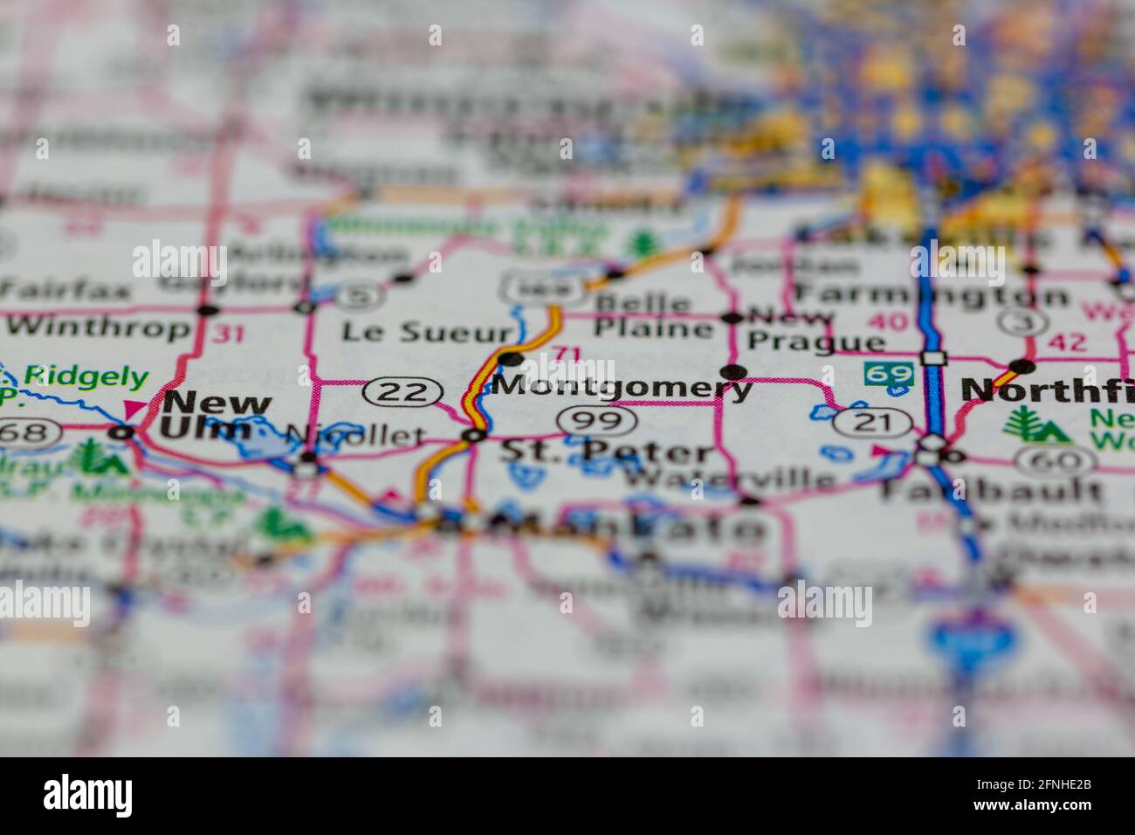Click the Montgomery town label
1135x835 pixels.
point(623,386)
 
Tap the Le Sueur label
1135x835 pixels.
point(426,332)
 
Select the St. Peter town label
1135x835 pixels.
point(607,451)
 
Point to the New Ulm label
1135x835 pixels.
point(216,416)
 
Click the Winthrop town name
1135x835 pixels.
point(98,328)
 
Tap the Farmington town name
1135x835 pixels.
point(930,294)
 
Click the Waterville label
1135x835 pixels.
point(729,479)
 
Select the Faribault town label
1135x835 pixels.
point(991,489)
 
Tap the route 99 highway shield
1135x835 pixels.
point(597,421)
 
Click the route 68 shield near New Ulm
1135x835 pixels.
point(30,431)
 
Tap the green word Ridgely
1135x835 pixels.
point(86,377)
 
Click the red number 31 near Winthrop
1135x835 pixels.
point(228,333)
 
